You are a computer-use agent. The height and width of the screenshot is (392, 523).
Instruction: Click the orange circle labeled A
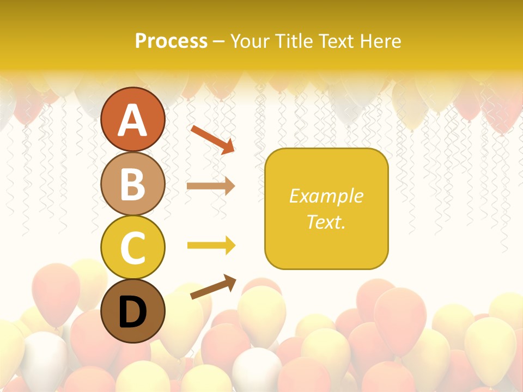coord(132,120)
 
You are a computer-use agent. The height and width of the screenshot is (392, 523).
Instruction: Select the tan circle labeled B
coord(132,184)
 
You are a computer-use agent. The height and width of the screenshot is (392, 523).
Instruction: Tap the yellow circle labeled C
coord(132,248)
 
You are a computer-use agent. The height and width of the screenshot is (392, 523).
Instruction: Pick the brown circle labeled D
coord(132,311)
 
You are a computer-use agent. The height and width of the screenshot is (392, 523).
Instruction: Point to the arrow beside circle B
coord(211,186)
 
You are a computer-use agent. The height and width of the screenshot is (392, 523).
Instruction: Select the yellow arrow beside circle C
coord(211,246)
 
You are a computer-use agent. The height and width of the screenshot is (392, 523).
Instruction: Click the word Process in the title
coord(171,41)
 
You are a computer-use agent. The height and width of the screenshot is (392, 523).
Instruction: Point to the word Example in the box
coord(326,196)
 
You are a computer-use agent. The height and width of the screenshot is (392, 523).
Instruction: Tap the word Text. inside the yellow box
coord(326,222)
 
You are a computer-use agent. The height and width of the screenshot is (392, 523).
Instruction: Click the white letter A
coord(132,120)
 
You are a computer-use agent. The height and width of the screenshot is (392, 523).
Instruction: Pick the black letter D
coord(132,312)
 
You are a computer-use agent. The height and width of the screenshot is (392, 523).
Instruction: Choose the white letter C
coord(132,248)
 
